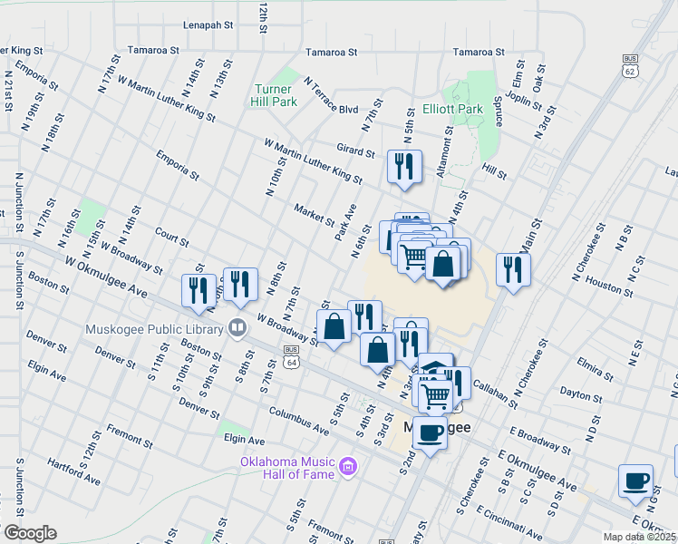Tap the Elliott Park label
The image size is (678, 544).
pyautogui.click(x=452, y=109)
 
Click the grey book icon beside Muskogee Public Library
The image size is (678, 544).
pyautogui.click(x=237, y=326)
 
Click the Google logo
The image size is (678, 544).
pyautogui.click(x=30, y=533)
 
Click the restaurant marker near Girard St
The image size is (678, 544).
pyautogui.click(x=402, y=167)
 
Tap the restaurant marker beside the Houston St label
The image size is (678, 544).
pyautogui.click(x=513, y=269)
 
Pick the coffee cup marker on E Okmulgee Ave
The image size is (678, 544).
pyautogui.click(x=635, y=480)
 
